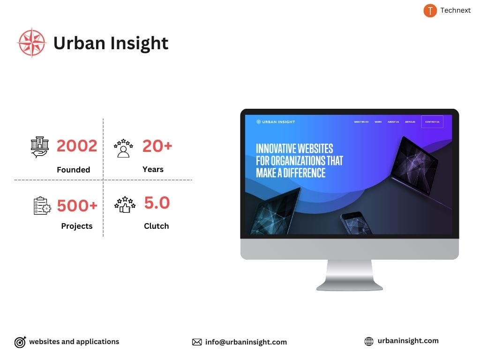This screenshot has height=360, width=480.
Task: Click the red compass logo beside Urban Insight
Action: [x=32, y=43]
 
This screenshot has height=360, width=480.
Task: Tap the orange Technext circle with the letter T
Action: [x=430, y=10]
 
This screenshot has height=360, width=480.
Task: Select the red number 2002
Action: [x=77, y=146]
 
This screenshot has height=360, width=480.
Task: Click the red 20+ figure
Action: [x=157, y=146]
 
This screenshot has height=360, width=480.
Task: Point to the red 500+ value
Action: [x=77, y=205]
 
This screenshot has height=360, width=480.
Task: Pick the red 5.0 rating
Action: [x=157, y=203]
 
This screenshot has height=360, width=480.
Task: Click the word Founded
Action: [x=73, y=170]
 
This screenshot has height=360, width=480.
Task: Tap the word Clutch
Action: [x=156, y=226]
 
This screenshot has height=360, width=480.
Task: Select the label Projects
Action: [x=77, y=226]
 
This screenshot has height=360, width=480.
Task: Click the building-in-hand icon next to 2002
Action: [x=40, y=147]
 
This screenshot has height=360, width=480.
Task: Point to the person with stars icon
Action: [x=123, y=148]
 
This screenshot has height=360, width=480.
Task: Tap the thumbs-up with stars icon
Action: [x=125, y=205]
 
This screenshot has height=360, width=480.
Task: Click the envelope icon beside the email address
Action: [x=197, y=342]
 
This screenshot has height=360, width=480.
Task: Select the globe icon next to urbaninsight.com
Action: [x=369, y=342]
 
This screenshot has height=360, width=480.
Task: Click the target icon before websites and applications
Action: [x=20, y=342]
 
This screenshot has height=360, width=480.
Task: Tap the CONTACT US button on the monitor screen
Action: [x=432, y=122]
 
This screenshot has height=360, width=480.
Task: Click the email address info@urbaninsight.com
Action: [x=246, y=342]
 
